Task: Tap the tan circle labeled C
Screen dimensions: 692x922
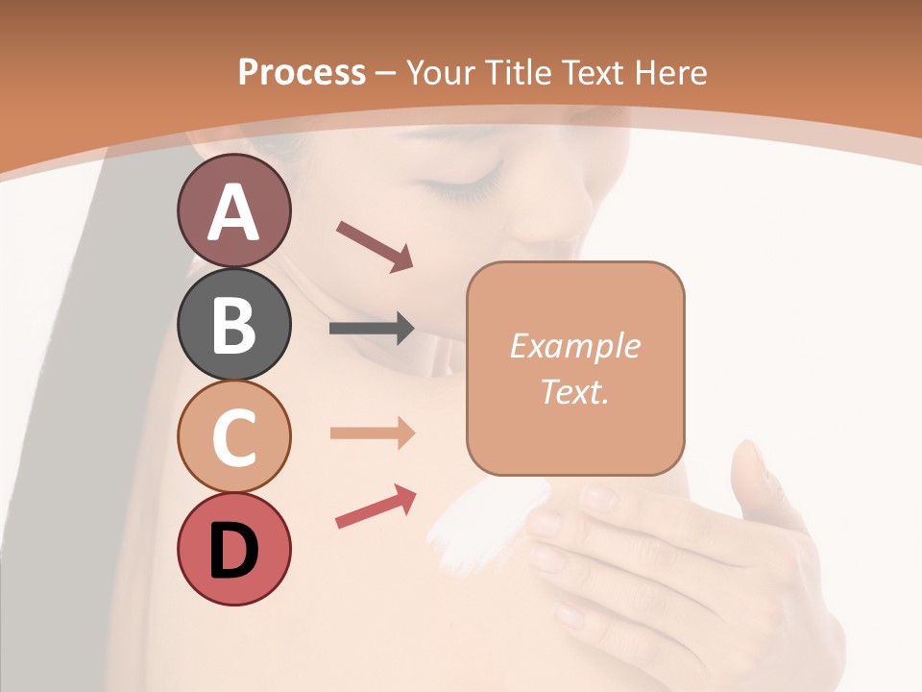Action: pos(233,436)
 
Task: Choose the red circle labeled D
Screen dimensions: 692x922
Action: pos(233,549)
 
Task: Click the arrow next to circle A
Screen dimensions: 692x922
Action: pos(375,246)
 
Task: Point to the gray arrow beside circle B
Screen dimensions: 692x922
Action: pos(372,329)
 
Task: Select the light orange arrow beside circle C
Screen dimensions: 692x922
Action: pos(372,432)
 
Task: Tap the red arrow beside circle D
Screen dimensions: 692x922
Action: pos(376,507)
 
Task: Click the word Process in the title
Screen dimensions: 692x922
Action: pos(302,73)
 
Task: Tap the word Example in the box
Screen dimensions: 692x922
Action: pos(574,346)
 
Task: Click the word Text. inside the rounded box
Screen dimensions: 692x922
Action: pos(574,391)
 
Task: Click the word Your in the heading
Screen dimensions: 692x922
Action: pos(441,73)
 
